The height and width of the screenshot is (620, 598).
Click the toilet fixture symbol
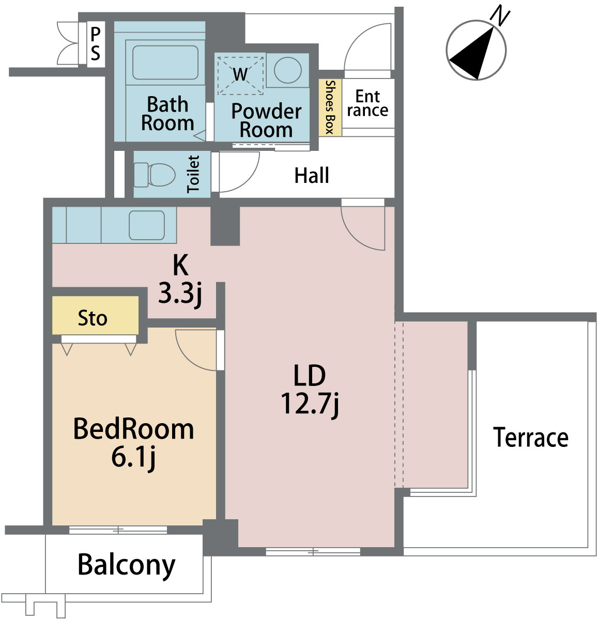pyautogui.click(x=155, y=175)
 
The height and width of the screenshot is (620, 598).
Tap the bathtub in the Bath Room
pyautogui.click(x=165, y=63)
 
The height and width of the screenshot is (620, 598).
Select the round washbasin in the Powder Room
pyautogui.click(x=287, y=70)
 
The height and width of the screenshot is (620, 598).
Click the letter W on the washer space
pyautogui.click(x=240, y=74)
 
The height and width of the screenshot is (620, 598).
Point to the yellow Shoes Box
pyautogui.click(x=330, y=107)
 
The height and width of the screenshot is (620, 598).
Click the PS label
pyautogui.click(x=96, y=43)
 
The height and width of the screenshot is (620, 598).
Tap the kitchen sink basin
pyautogui.click(x=147, y=225)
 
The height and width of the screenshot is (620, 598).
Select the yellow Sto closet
pyautogui.click(x=95, y=315)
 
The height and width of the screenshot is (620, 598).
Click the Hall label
pyautogui.click(x=312, y=175)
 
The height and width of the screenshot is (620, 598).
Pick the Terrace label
pyautogui.click(x=531, y=438)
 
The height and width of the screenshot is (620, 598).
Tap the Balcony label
pyautogui.click(x=127, y=565)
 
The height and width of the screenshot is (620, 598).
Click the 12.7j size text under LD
pyautogui.click(x=310, y=405)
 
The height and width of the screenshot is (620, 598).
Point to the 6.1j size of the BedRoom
pyautogui.click(x=133, y=458)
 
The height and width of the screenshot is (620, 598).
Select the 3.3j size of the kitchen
pyautogui.click(x=180, y=295)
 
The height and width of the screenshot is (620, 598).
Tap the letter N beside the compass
pyautogui.click(x=500, y=17)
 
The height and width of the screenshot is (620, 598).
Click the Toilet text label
pyautogui.click(x=193, y=174)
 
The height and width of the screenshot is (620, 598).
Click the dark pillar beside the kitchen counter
pyautogui.click(x=225, y=226)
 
